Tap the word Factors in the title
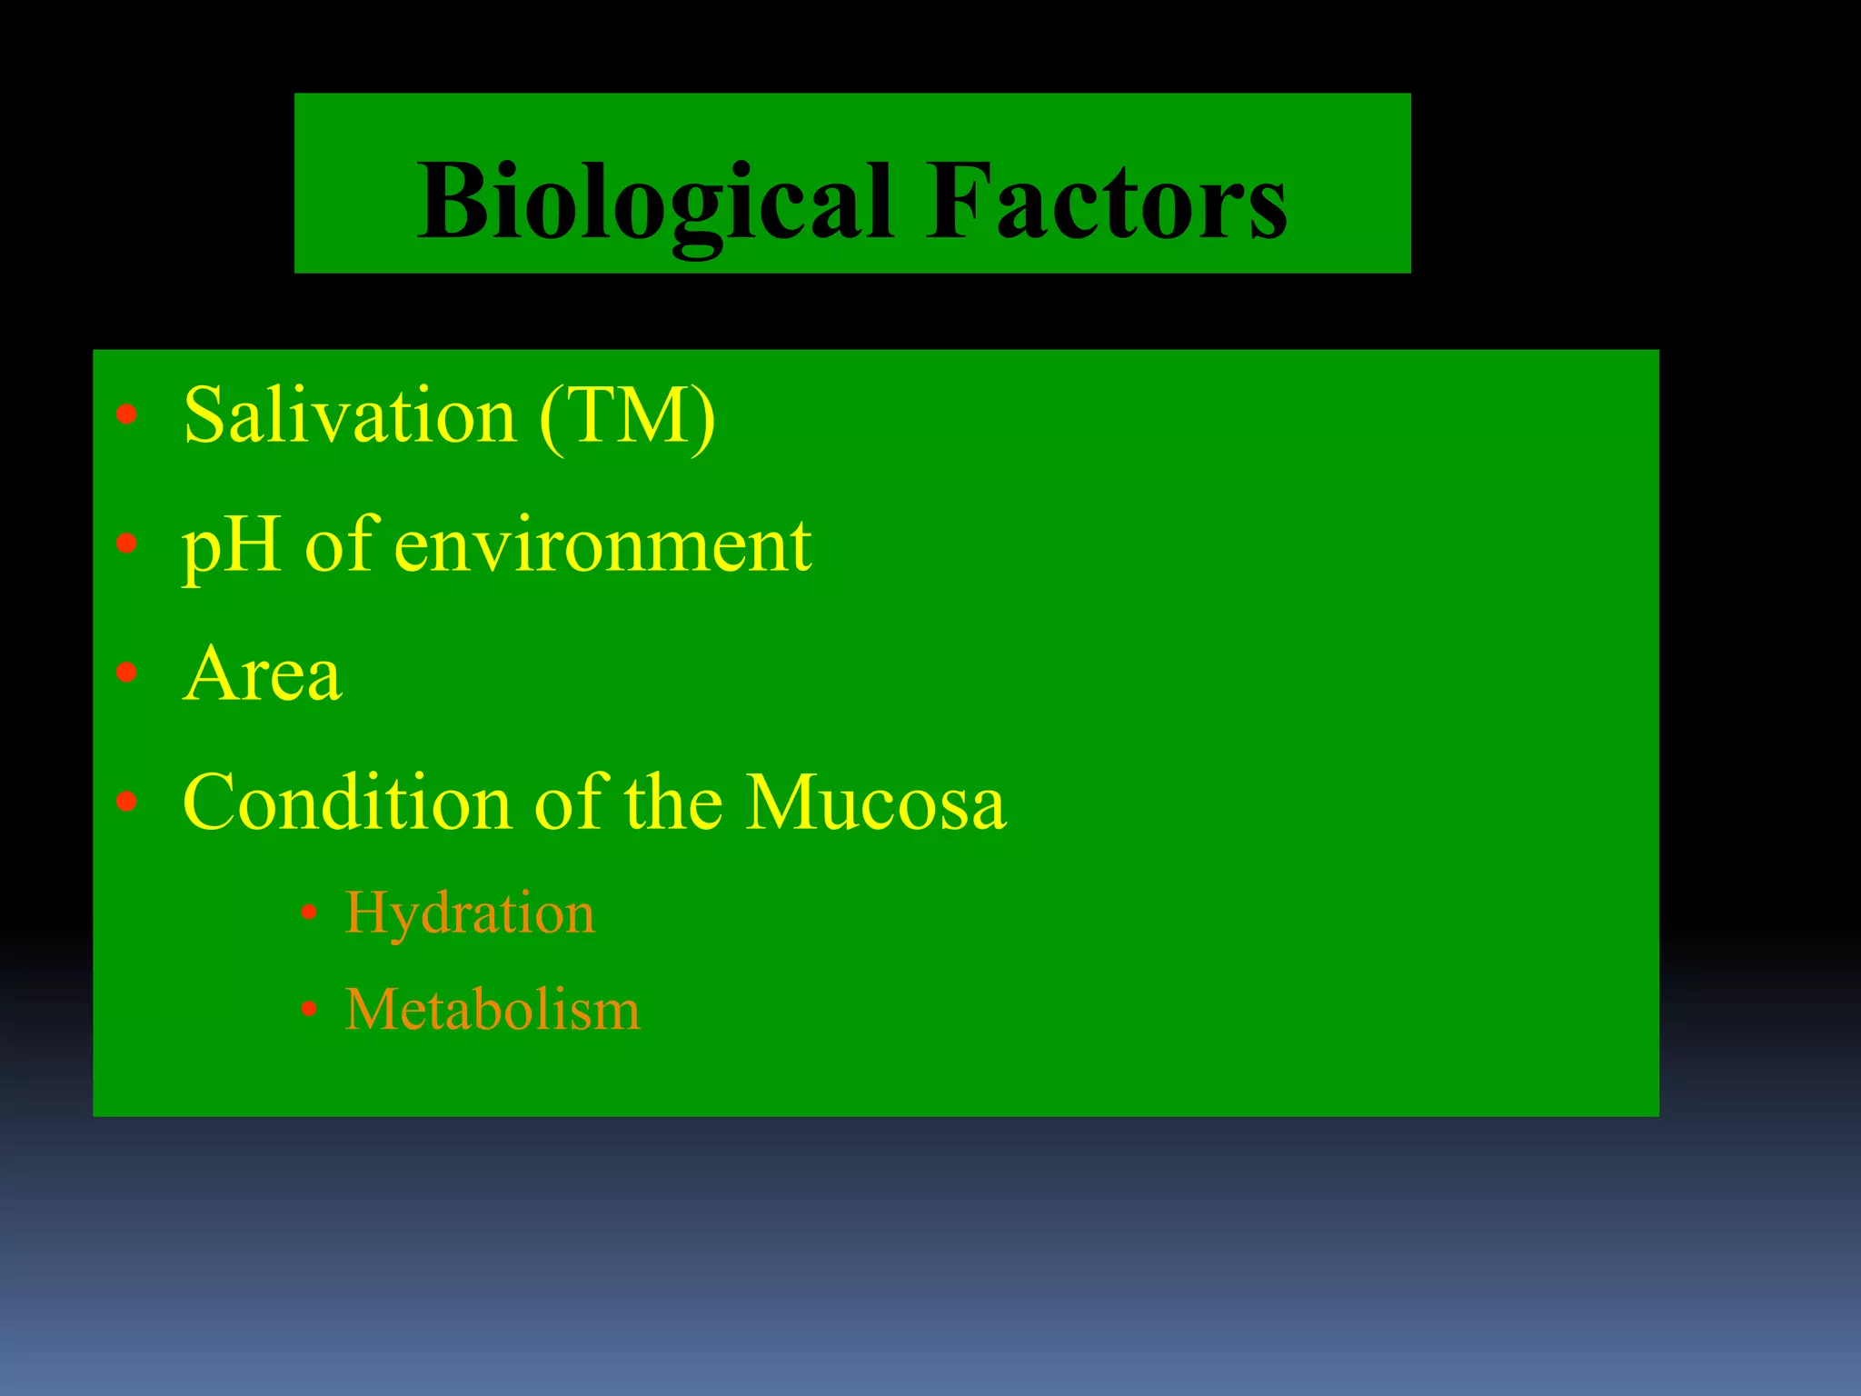tap(1106, 202)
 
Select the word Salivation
tap(351, 416)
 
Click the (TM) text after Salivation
tap(627, 416)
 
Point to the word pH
tap(231, 547)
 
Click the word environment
tap(602, 547)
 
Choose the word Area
tap(263, 674)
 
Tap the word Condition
tap(347, 803)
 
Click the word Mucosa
tap(876, 803)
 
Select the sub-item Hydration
tap(470, 912)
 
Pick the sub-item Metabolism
tap(493, 1010)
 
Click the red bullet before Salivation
tap(126, 415)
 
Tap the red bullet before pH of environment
tap(126, 543)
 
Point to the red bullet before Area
tap(126, 673)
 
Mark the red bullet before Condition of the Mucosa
tap(126, 802)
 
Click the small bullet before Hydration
tap(309, 912)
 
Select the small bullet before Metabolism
tap(309, 1009)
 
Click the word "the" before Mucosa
tap(673, 803)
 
